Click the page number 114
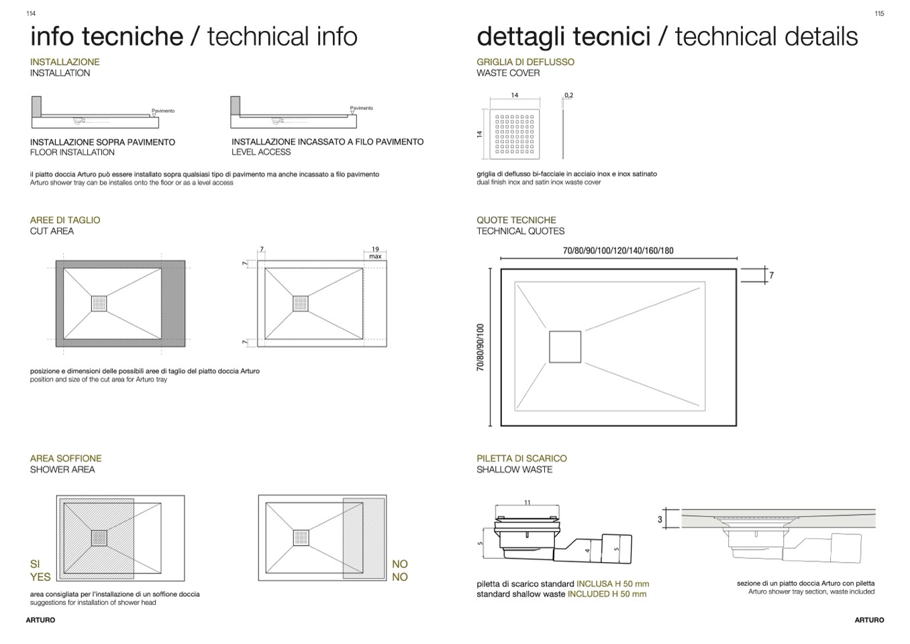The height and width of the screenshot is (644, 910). pyautogui.click(x=31, y=13)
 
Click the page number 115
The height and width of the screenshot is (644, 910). pyautogui.click(x=879, y=13)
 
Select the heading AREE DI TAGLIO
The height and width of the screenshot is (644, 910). pyautogui.click(x=65, y=220)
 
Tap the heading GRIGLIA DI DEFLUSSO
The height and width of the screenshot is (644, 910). pyautogui.click(x=525, y=62)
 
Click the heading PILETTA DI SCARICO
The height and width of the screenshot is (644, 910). pyautogui.click(x=521, y=458)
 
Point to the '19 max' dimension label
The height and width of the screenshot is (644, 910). pyautogui.click(x=375, y=252)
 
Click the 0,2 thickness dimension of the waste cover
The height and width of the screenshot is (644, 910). pyautogui.click(x=568, y=95)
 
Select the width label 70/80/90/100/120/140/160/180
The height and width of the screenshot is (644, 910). pyautogui.click(x=618, y=250)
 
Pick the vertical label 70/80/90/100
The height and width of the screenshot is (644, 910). pyautogui.click(x=481, y=347)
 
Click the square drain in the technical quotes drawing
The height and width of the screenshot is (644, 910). pyautogui.click(x=565, y=347)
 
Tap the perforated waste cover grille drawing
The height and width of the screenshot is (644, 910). pyautogui.click(x=515, y=134)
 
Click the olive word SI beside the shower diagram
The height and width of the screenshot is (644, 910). pyautogui.click(x=35, y=564)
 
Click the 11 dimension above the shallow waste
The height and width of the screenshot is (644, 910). pyautogui.click(x=527, y=502)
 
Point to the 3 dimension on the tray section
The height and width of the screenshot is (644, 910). pyautogui.click(x=660, y=519)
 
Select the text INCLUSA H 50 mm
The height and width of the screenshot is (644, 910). pyautogui.click(x=613, y=584)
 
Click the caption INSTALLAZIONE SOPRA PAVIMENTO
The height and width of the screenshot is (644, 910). pyautogui.click(x=103, y=142)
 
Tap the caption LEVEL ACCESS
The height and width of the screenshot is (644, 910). pyautogui.click(x=261, y=152)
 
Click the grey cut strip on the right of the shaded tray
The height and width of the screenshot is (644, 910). pyautogui.click(x=173, y=304)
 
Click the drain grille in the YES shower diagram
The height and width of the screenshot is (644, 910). pyautogui.click(x=99, y=538)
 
